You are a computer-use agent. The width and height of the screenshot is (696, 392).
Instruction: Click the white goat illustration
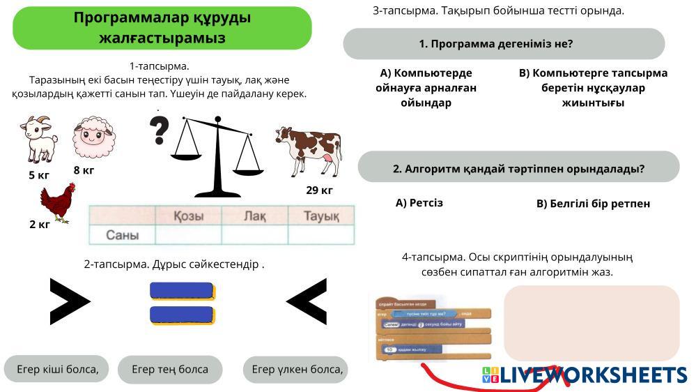39,140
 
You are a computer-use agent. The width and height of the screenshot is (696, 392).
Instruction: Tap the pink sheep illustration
94,138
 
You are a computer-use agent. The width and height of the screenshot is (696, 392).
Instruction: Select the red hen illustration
57,202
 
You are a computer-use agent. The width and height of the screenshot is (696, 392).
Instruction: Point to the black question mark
160,130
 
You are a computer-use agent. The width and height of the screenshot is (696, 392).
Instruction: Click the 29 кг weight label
319,190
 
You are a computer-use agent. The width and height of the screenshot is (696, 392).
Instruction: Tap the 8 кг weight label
84,170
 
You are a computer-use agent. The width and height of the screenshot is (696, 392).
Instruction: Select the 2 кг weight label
39,225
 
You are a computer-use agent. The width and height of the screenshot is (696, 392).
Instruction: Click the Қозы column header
188,216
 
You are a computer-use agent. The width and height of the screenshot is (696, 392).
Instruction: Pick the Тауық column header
320,216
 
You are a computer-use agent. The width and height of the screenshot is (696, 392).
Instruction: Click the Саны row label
122,235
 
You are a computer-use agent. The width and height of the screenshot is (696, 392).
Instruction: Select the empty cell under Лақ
254,235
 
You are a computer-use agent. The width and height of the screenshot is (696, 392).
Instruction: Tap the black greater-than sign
70,302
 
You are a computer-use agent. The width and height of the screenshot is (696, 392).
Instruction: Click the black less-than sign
307,302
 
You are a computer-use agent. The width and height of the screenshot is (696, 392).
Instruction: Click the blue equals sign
182,303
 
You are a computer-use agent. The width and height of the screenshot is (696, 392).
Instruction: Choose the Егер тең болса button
170,370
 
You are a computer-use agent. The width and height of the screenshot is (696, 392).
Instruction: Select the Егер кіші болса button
56,369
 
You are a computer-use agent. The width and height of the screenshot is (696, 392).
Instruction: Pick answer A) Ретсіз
419,203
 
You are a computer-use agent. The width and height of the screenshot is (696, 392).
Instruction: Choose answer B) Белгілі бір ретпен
593,204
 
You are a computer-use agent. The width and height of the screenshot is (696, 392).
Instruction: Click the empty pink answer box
591,322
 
